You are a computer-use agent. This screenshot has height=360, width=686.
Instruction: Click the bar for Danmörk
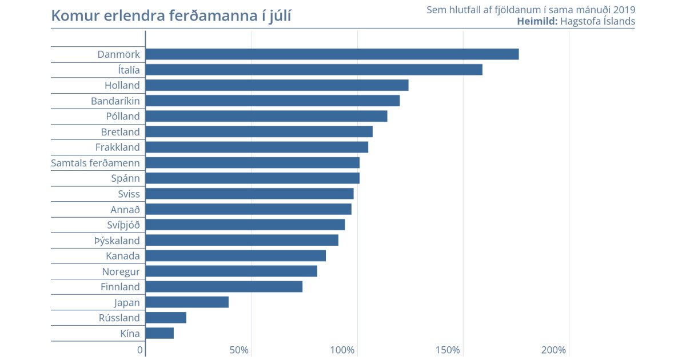tap(332, 54)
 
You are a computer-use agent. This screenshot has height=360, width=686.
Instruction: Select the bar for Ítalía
tap(314, 70)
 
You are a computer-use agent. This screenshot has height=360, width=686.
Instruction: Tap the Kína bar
tap(159, 333)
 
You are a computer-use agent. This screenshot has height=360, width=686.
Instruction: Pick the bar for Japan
tap(187, 302)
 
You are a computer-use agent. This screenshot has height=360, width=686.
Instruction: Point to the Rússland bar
tap(166, 318)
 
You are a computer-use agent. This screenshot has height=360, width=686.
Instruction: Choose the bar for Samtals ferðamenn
tap(253, 163)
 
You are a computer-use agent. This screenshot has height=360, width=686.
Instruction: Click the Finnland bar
tap(224, 287)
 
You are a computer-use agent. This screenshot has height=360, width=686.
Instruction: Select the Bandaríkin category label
tap(115, 101)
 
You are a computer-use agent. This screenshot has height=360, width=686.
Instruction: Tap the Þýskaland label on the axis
tap(117, 241)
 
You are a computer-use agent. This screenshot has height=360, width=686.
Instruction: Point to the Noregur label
tap(121, 271)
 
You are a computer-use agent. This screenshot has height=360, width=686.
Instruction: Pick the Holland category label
tap(122, 86)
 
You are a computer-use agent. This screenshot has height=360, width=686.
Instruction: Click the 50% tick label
tap(239, 350)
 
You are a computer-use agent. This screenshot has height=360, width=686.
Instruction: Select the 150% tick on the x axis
tap(449, 350)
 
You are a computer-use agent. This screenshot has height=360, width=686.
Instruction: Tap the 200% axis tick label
tap(554, 350)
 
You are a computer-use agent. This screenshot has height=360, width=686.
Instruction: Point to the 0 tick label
tap(140, 350)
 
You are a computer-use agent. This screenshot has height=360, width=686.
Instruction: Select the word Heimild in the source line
tap(537, 22)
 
